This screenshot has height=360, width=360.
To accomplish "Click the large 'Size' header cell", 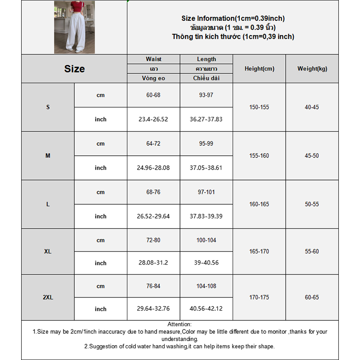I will [74, 69].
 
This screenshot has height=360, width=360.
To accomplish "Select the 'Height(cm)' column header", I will [259, 69].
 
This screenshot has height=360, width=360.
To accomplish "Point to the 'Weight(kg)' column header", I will [312, 69].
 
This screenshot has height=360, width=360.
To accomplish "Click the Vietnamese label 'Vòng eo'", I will [153, 78].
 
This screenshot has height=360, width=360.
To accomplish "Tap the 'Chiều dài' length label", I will [207, 78].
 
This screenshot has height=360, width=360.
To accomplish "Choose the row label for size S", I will [48, 108].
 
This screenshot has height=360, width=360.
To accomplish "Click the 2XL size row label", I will [48, 297].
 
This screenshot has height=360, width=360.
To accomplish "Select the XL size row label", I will [48, 252].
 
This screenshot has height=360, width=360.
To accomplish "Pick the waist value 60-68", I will [153, 95].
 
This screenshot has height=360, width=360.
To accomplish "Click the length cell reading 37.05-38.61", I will [206, 168].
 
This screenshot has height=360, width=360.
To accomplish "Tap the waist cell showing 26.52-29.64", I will [153, 216].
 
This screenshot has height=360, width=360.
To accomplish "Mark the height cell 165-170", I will [259, 252].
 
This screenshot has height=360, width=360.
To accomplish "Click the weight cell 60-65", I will [312, 297].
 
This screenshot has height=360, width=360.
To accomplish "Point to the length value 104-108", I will [206, 286].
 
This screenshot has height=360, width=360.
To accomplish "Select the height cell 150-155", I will [259, 108].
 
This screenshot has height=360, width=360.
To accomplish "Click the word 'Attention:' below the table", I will [180, 324].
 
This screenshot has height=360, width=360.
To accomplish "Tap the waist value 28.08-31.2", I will [153, 263].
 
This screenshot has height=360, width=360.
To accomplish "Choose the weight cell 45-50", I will [312, 156].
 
